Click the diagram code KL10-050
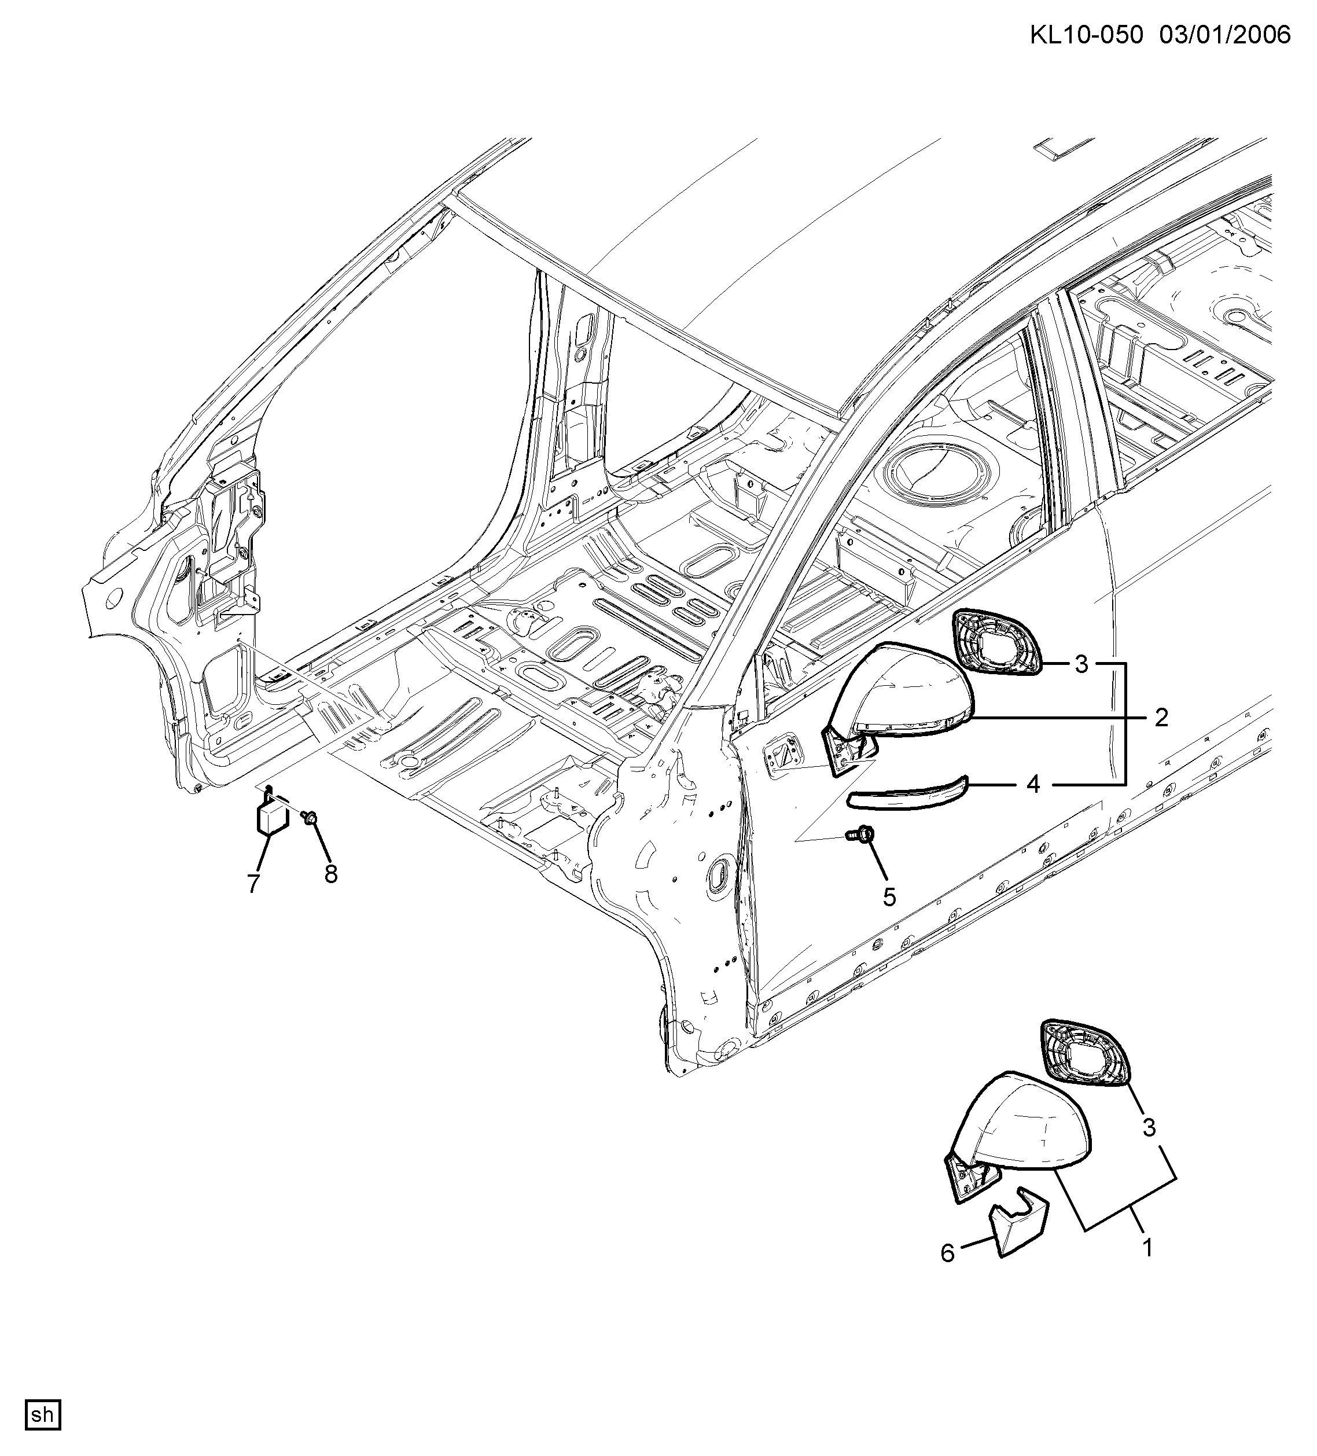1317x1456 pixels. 1086,35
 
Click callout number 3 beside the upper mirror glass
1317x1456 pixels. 1081,664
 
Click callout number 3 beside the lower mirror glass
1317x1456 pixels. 1149,1127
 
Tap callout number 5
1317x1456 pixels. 889,898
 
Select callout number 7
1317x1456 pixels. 253,883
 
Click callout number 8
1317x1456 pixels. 330,874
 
